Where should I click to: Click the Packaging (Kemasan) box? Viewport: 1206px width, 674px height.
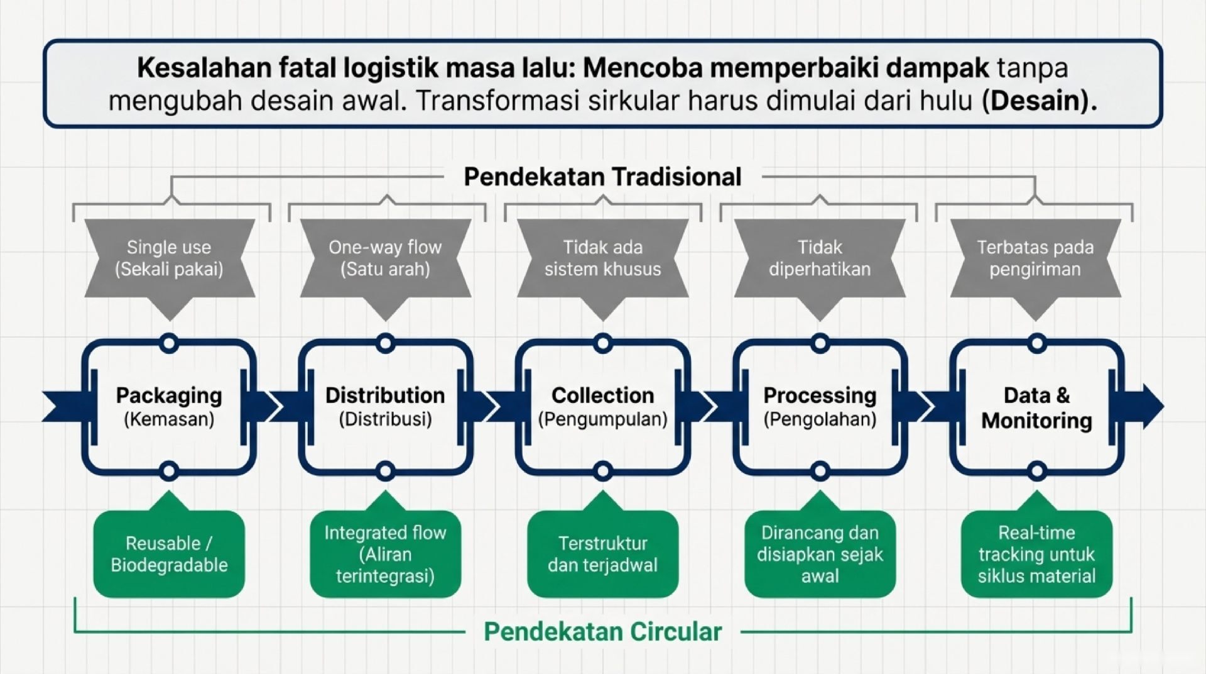click(169, 407)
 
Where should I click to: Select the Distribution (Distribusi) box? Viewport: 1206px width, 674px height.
click(385, 407)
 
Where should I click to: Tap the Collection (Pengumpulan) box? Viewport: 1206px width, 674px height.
click(602, 407)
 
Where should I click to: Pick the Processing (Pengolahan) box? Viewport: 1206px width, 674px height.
click(820, 407)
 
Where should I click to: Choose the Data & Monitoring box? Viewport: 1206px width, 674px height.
click(1036, 407)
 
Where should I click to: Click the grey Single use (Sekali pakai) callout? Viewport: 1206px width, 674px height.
click(169, 258)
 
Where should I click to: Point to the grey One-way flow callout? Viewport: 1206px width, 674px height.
click(385, 258)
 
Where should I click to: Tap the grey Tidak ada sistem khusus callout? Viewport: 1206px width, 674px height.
click(602, 258)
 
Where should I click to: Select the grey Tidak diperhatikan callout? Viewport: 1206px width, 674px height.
click(820, 258)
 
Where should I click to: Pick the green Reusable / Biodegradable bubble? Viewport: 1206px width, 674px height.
click(169, 554)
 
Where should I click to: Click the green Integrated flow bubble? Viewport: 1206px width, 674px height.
click(385, 554)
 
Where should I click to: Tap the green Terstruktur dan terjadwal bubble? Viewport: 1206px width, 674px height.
click(602, 554)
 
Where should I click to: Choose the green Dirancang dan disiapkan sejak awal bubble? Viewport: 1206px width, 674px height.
click(820, 554)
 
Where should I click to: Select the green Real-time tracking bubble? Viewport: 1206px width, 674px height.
click(1036, 554)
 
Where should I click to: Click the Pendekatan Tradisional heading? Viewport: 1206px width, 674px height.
click(602, 177)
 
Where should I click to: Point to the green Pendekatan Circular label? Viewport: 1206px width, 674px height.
click(602, 631)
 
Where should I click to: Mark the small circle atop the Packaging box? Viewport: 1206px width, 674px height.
click(169, 343)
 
